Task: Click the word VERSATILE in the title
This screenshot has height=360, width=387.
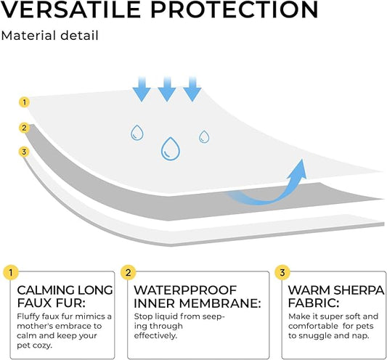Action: (70, 9)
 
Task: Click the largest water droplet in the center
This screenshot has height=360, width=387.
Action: (171, 148)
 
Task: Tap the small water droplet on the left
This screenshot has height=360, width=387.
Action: (137, 132)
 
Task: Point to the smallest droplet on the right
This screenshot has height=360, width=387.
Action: (204, 136)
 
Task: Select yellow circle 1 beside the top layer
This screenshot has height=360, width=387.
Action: (24, 102)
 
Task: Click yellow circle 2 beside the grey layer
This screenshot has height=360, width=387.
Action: (24, 128)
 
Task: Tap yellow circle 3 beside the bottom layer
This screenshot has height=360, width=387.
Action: (24, 152)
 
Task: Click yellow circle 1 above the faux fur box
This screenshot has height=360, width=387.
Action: (10, 273)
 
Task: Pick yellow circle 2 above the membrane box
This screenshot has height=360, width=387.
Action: (129, 273)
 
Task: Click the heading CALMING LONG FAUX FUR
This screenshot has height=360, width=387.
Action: (64, 296)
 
